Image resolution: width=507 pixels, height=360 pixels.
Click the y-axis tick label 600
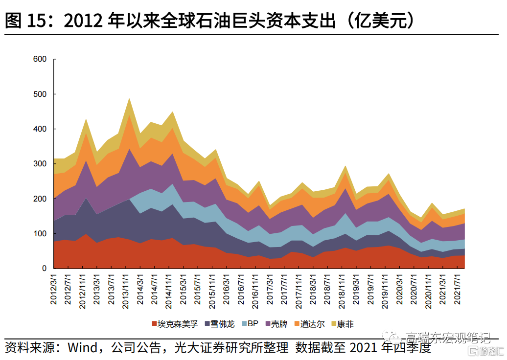pos(40,59)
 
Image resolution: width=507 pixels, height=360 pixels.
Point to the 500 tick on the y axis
pos(40,94)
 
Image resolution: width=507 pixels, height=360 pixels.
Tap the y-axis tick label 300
pos(40,164)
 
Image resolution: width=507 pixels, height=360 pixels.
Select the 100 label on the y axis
pos(40,234)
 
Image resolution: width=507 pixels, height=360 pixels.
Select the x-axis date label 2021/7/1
pos(459,290)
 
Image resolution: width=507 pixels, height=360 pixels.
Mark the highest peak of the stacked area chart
pos(129,98)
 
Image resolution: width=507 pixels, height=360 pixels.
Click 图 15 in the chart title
pos(27,21)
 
